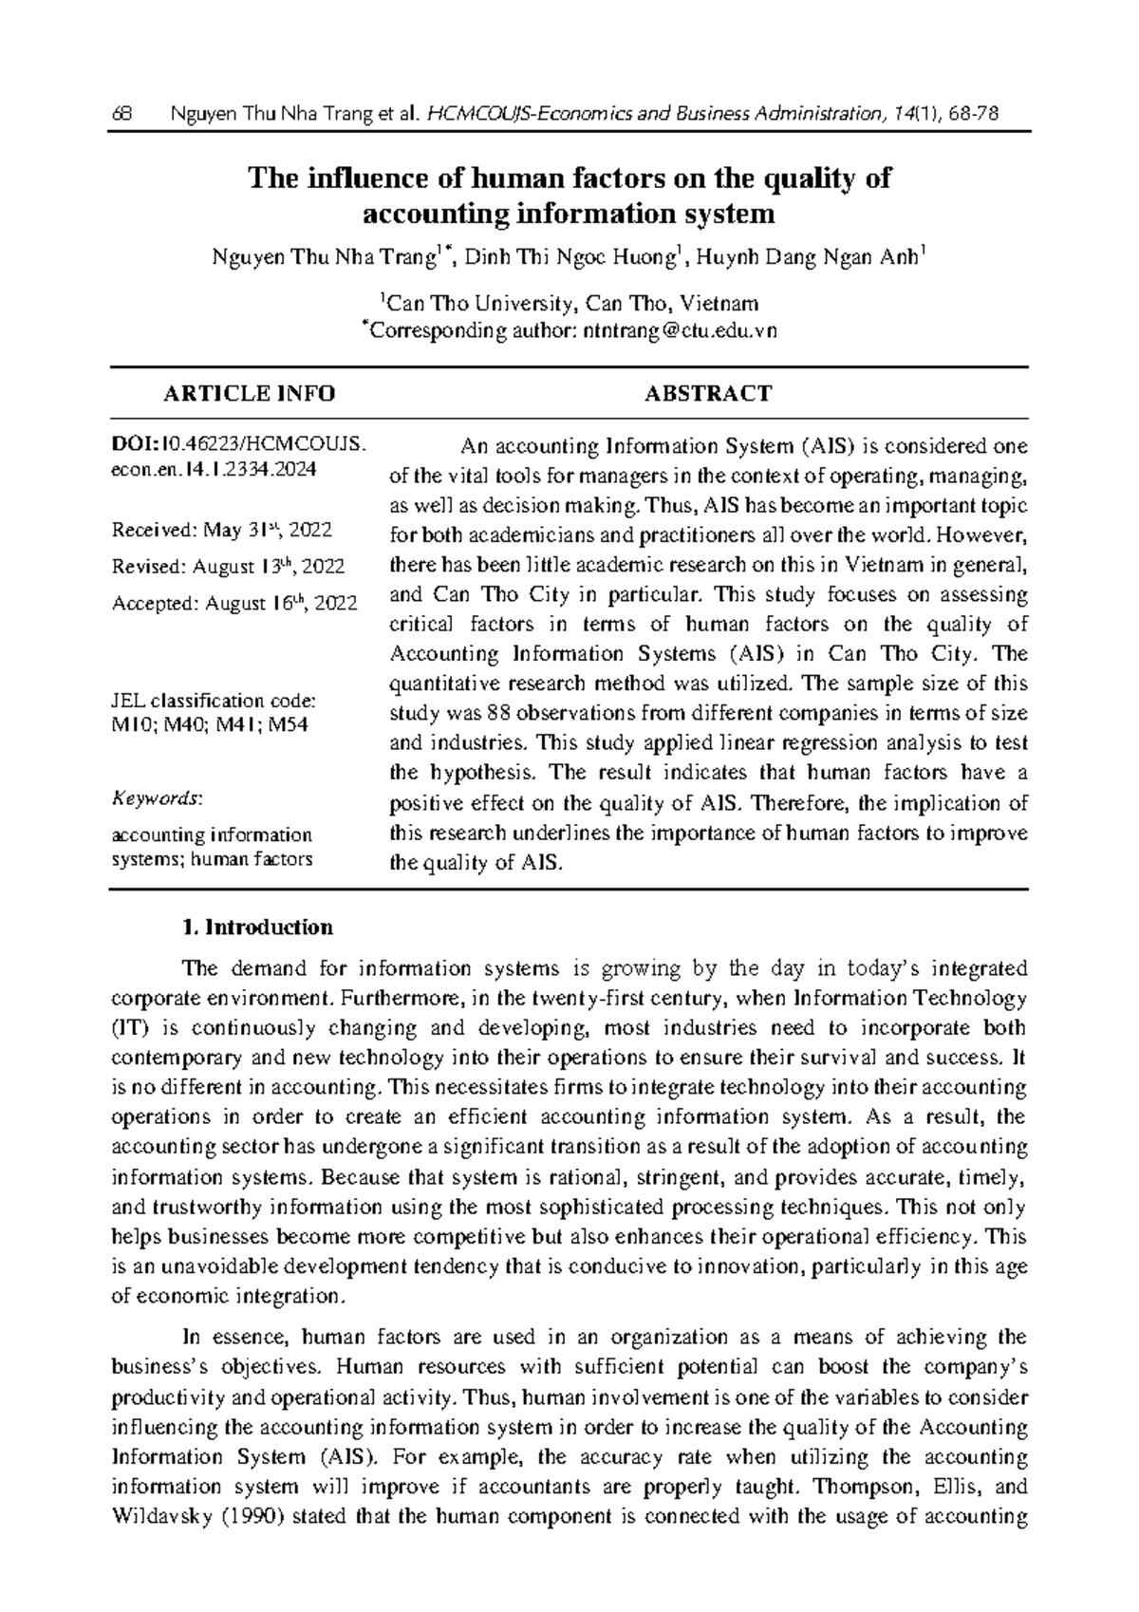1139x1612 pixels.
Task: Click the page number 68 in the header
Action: tap(121, 115)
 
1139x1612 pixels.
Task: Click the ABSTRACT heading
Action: tap(708, 393)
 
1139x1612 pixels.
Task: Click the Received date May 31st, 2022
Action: tap(222, 530)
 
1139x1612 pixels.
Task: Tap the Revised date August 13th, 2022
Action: tap(229, 567)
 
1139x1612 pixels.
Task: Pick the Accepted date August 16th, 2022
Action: tap(234, 604)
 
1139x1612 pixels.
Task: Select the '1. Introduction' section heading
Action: tap(257, 927)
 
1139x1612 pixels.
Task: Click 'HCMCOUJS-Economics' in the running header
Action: tap(506, 115)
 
